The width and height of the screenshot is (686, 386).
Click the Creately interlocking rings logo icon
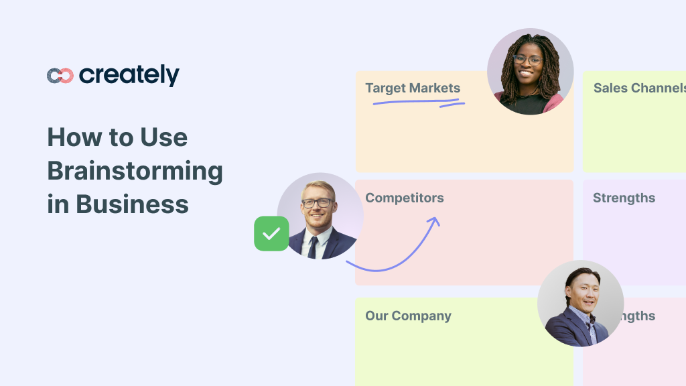click(60, 76)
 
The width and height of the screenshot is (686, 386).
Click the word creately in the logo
click(129, 76)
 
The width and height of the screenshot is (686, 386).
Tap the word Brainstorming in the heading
click(135, 172)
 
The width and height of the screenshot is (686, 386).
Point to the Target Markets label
click(413, 88)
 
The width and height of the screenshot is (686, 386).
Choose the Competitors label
click(405, 198)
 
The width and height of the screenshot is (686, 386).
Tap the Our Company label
click(408, 316)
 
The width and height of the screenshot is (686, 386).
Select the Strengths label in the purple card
click(624, 198)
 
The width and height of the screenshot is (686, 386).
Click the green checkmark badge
click(271, 233)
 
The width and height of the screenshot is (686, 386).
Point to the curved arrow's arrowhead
click(434, 221)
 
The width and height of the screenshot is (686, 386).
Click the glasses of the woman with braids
click(527, 60)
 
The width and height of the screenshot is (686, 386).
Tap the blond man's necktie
click(313, 245)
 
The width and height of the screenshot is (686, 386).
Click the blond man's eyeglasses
click(317, 202)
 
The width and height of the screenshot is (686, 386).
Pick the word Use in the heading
click(163, 137)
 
